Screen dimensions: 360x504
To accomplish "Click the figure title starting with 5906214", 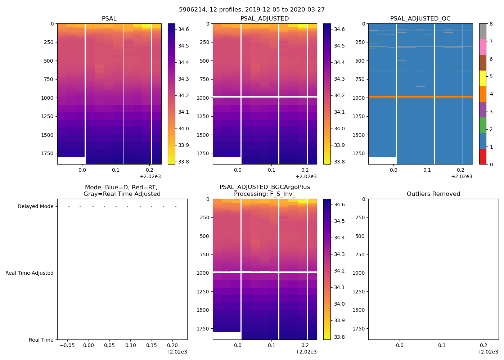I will pos(252,10).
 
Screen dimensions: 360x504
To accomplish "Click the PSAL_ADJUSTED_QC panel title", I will pos(420,18).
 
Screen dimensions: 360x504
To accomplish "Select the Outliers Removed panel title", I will pos(433,194).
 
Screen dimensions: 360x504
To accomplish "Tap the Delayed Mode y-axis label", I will pos(35,206).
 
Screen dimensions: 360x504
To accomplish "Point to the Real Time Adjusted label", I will pos(30,273).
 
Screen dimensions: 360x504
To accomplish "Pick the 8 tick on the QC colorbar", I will pos(491,24).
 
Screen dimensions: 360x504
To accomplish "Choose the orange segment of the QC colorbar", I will pos(482,94).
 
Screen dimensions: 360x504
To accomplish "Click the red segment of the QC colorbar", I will pos(482,157).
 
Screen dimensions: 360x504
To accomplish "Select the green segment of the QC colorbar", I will pos(482,125).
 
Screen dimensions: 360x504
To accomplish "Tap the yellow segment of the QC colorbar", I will pos(482,78).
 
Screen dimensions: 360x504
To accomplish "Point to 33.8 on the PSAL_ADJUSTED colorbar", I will pos(339,162).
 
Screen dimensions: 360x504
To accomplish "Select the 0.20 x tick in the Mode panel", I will pos(172,345).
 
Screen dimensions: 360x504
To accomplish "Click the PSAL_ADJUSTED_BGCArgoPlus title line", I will pos(265,187).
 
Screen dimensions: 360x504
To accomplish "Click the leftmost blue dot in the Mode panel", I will pos(69,206).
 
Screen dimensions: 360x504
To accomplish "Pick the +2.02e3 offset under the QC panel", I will pos(462,176).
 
